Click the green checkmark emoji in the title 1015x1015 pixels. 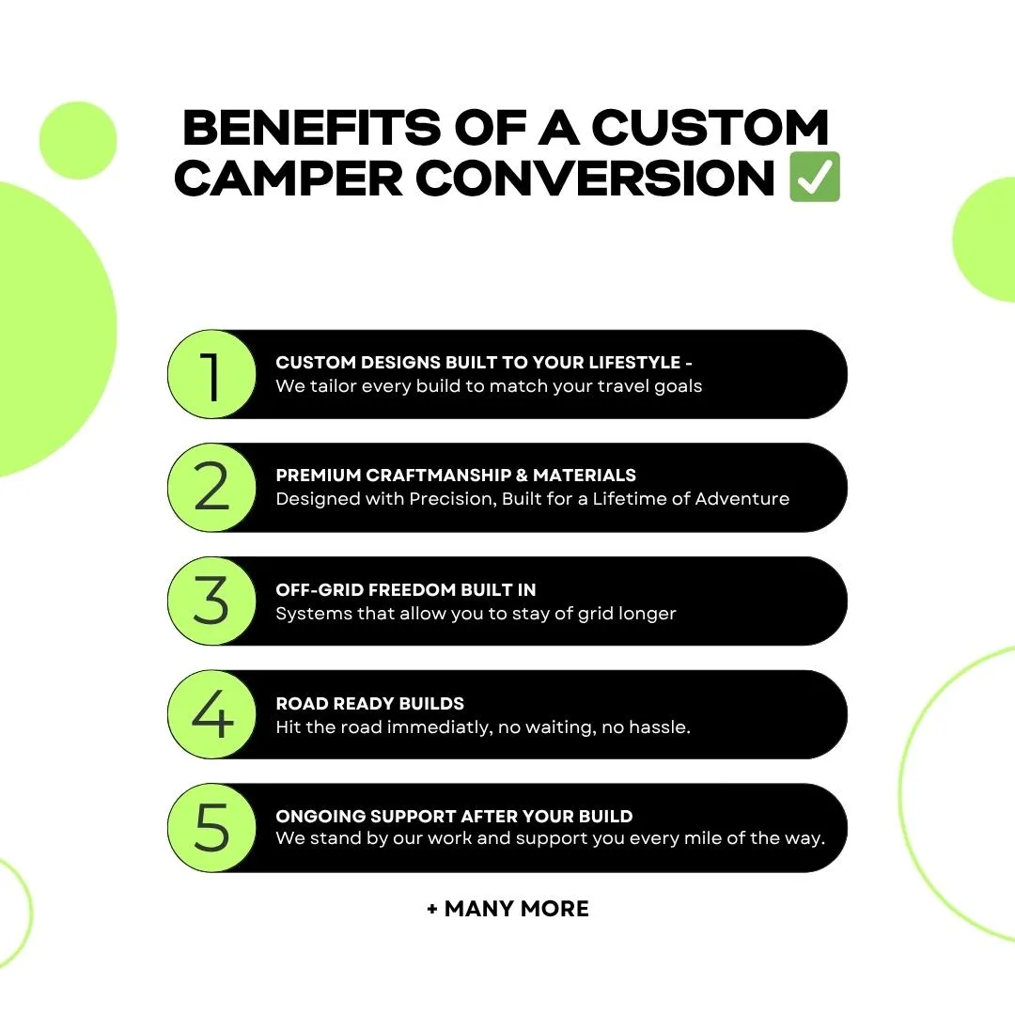point(815,177)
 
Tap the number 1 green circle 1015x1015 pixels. point(212,374)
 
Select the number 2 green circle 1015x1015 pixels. point(212,488)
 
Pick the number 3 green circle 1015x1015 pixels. point(212,601)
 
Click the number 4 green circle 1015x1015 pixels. point(212,714)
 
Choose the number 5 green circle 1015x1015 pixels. point(212,827)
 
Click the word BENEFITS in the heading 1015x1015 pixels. point(312,127)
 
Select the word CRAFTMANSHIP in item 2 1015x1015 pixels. point(438,476)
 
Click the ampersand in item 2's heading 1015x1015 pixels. point(522,476)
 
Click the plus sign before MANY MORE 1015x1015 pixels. point(432,910)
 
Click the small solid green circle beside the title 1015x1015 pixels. point(78,140)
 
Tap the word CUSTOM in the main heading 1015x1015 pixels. point(710,127)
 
